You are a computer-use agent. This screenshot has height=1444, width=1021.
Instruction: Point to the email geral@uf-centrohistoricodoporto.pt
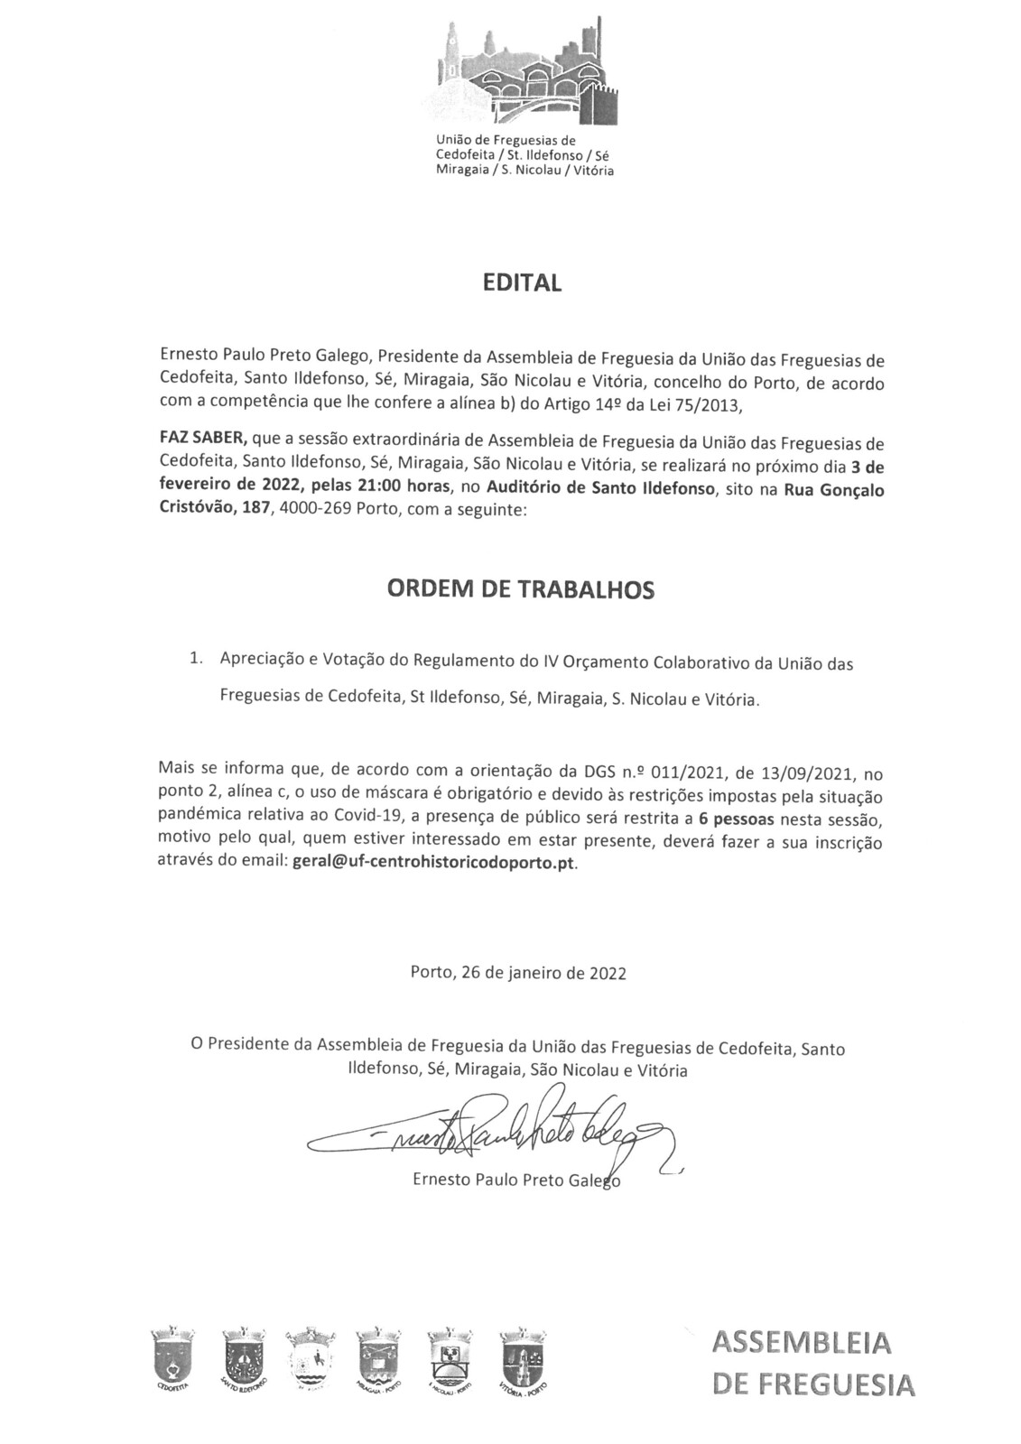coord(432,862)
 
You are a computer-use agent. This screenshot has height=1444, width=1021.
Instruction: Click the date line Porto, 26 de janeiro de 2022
coord(517,974)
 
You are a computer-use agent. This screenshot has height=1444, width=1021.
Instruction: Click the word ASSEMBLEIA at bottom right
coord(801,1344)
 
